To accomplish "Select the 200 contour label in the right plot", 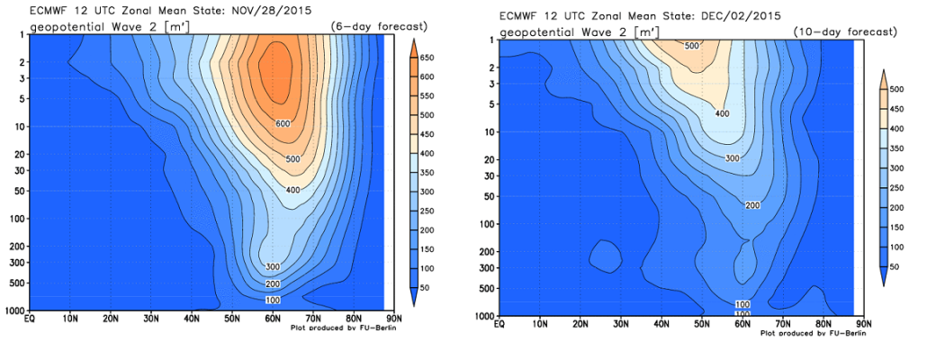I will pos(754,205).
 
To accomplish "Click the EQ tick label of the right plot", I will pos(499,323).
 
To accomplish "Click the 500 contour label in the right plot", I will pos(693,46).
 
